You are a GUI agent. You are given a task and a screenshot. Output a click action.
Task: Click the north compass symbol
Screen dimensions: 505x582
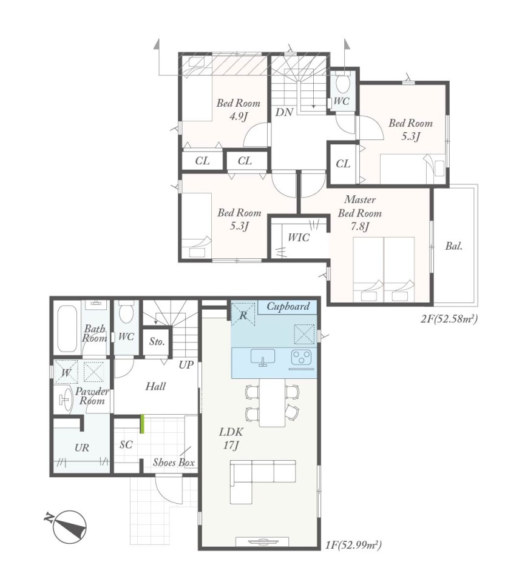(x=69, y=527)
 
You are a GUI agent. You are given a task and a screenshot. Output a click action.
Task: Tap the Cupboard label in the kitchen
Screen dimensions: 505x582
(x=288, y=306)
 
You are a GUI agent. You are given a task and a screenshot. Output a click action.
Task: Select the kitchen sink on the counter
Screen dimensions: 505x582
(x=263, y=358)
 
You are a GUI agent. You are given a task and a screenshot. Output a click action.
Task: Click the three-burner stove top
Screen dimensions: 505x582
(x=301, y=358)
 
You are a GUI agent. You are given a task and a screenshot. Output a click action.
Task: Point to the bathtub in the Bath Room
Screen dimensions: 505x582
(x=67, y=329)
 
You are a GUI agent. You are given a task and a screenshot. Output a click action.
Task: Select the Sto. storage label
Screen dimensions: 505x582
(x=157, y=341)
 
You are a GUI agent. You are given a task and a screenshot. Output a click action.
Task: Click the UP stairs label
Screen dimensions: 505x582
(x=186, y=365)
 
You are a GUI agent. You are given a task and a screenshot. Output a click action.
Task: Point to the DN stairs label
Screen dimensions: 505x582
(x=284, y=112)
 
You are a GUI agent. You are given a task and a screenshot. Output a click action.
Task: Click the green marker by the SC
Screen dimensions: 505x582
(x=142, y=424)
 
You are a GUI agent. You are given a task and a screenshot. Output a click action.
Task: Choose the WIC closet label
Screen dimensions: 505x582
(x=299, y=237)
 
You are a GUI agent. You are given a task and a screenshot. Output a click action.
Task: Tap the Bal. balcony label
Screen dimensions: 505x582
(x=454, y=246)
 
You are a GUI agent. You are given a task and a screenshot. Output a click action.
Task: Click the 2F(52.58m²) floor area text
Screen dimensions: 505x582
(x=449, y=318)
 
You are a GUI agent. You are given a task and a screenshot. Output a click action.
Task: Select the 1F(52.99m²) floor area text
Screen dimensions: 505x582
(x=353, y=545)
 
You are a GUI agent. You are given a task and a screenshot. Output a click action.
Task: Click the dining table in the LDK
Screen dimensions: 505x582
(x=272, y=403)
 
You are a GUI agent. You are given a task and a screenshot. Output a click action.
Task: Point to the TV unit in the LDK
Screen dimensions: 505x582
(x=262, y=541)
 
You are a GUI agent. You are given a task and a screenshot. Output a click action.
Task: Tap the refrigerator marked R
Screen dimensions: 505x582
(x=243, y=315)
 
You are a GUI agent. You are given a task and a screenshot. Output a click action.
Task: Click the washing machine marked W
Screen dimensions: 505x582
(x=66, y=372)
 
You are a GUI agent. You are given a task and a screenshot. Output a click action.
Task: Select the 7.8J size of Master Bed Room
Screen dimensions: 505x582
(x=360, y=226)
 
